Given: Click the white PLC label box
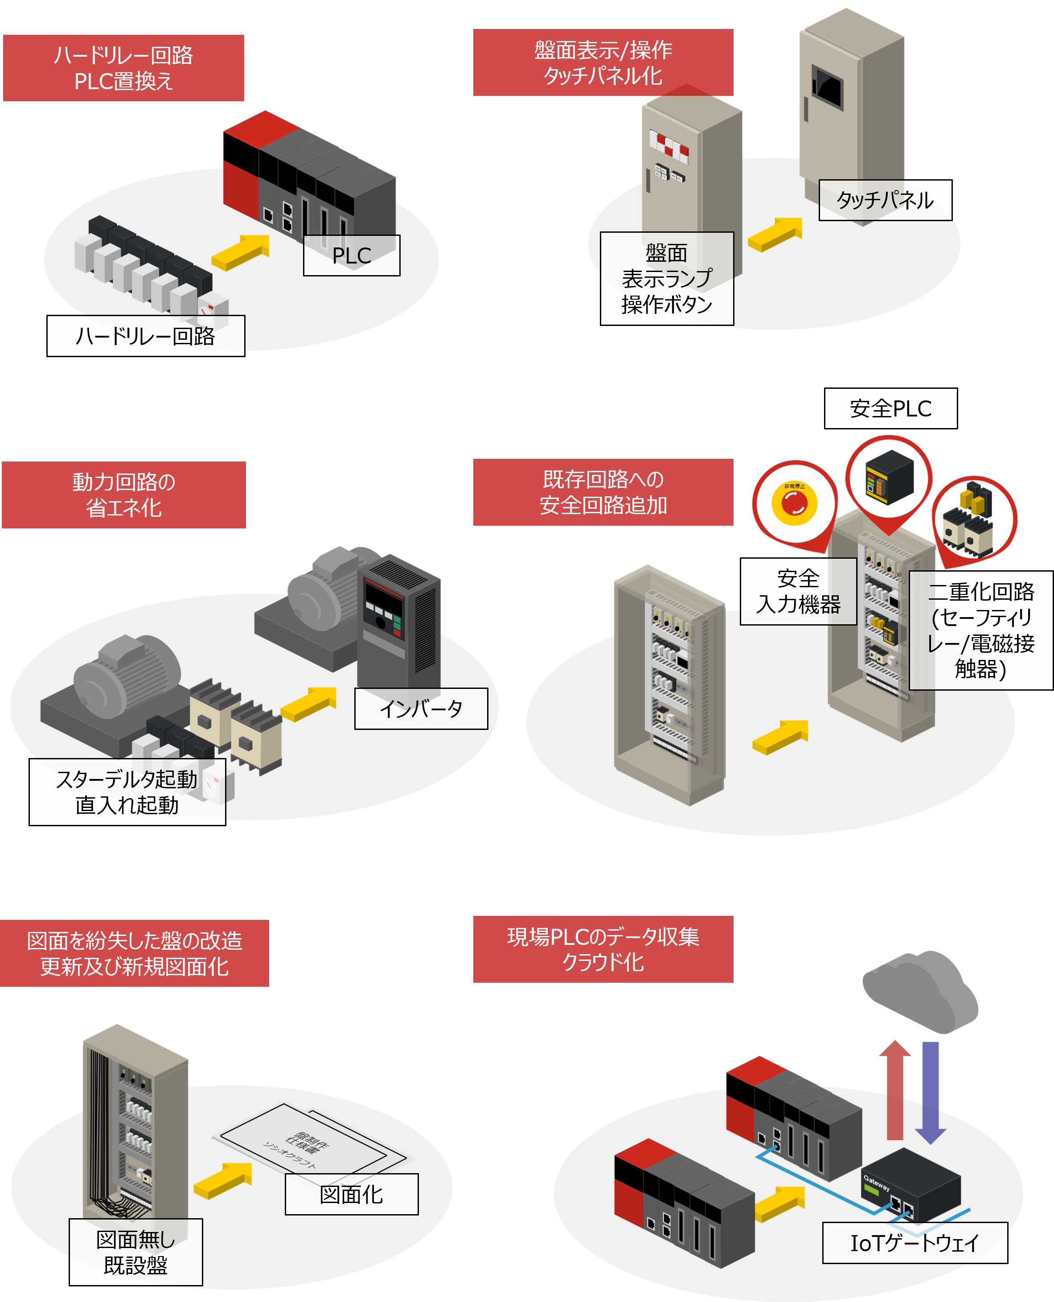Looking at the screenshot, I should (352, 255).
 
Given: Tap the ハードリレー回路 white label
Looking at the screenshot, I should (146, 336).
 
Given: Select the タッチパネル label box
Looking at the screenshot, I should (885, 200).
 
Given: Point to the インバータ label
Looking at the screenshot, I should (421, 709).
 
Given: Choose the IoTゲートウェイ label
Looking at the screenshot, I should (915, 1243).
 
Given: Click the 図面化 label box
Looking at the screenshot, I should (352, 1194).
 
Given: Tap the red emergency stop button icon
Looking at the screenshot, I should (794, 503).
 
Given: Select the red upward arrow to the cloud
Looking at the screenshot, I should (895, 1090).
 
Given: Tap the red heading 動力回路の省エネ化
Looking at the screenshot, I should (124, 495).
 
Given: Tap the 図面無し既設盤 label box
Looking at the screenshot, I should (135, 1252).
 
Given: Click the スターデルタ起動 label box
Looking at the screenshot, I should (127, 792).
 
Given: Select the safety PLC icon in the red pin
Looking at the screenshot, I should (889, 477).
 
